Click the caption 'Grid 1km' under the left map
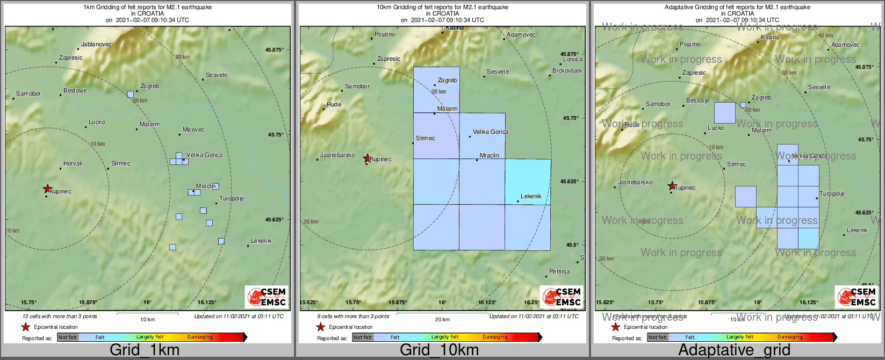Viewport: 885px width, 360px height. [x=145, y=350]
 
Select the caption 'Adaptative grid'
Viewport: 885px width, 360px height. [x=734, y=350]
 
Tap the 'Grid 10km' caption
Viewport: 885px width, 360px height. [x=439, y=350]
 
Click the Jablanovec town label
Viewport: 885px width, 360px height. [x=96, y=44]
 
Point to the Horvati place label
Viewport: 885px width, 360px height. [x=73, y=163]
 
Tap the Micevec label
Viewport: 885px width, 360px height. [x=193, y=129]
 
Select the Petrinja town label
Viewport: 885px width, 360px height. [x=559, y=271]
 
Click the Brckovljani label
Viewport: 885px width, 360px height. [x=567, y=71]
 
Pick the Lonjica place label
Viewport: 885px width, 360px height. [x=572, y=60]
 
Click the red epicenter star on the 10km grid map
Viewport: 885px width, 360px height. [x=367, y=158]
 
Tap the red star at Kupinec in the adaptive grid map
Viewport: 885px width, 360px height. [x=672, y=186]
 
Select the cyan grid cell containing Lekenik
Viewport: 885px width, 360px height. [x=528, y=182]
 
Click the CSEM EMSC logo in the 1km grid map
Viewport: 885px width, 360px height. [x=267, y=297]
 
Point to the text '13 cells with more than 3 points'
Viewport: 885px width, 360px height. [x=60, y=316]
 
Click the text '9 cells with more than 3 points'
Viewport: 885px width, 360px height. [x=353, y=316]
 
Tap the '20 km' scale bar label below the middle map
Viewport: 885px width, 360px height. [x=442, y=320]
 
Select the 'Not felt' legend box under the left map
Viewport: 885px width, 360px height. [x=68, y=337]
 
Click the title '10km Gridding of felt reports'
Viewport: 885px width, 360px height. [x=442, y=8]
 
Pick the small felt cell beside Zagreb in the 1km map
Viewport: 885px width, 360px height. [x=130, y=94]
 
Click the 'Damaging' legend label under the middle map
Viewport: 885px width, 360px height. [x=494, y=337]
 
